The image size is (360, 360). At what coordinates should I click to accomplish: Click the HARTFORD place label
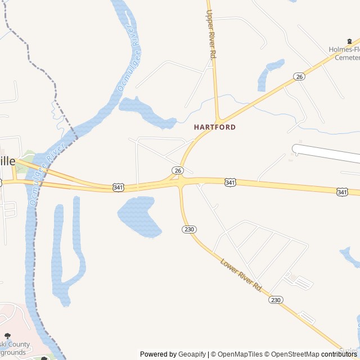(215, 127)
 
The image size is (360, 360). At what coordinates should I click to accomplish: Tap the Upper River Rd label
(211, 35)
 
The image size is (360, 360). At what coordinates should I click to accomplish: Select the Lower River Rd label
(241, 274)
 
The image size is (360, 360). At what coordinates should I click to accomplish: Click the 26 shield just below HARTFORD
(178, 170)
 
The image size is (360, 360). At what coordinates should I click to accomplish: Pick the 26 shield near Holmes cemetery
(299, 76)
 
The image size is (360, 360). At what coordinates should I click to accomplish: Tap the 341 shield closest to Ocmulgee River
(118, 187)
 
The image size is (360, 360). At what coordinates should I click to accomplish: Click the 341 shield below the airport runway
(229, 183)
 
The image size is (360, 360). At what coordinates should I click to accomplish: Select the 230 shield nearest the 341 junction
(188, 229)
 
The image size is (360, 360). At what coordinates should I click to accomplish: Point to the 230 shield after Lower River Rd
(276, 300)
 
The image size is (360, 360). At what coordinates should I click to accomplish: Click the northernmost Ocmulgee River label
(128, 58)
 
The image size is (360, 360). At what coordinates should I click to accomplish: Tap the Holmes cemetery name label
(344, 53)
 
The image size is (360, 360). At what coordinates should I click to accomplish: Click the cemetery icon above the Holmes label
(350, 41)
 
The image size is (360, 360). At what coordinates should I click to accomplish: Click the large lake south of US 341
(138, 215)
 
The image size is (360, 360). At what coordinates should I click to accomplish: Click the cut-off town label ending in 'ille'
(7, 161)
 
